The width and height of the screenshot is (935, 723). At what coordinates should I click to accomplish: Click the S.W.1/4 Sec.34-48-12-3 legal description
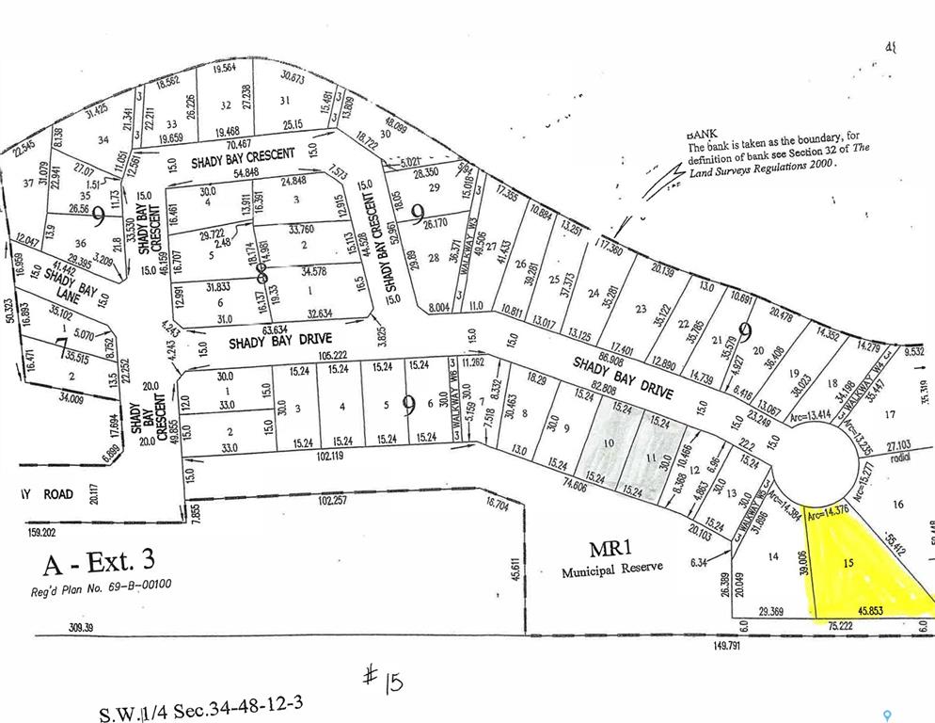coord(201,706)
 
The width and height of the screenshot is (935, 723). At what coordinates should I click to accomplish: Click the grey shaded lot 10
coord(609,443)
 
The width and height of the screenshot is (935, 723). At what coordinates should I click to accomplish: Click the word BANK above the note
coord(703,134)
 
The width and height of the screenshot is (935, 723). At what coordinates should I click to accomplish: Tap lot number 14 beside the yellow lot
coord(773,557)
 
